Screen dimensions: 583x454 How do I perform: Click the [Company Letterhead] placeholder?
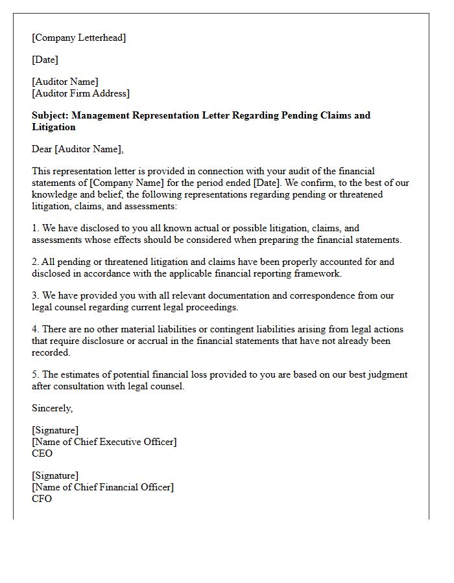[79, 38]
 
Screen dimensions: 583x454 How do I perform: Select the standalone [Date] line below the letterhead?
[45, 60]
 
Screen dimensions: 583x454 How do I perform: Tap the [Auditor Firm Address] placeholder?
[80, 93]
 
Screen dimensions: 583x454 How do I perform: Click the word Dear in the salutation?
[42, 149]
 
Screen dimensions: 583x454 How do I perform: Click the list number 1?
[35, 228]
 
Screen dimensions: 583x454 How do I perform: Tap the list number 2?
[35, 262]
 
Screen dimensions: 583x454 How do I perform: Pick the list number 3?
[35, 295]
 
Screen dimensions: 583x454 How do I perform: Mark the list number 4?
[35, 329]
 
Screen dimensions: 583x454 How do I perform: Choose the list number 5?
[35, 374]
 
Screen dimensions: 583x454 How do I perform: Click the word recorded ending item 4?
[51, 352]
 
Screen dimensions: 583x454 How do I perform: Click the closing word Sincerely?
[52, 408]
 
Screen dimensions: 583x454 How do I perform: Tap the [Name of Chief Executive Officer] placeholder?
[104, 442]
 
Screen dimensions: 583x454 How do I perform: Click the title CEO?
[42, 453]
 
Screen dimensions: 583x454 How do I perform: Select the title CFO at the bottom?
[42, 499]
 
